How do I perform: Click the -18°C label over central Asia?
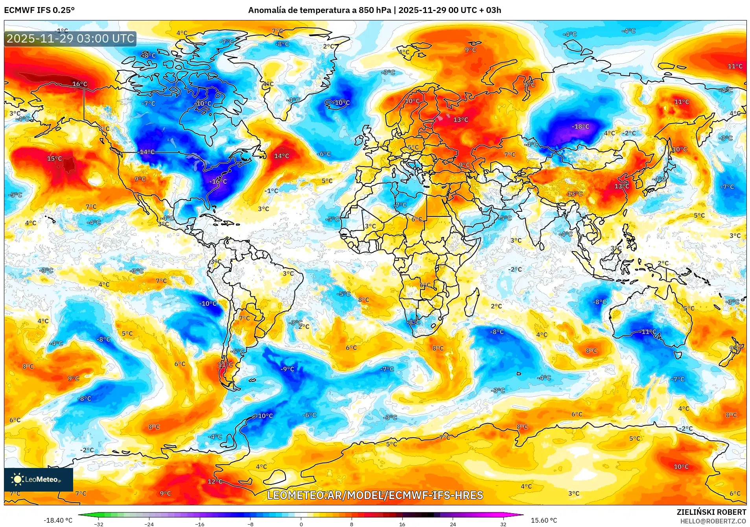coord(580,127)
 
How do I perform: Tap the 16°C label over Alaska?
coord(80,84)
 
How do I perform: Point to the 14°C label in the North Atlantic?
coord(282,156)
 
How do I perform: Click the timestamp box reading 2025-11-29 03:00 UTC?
coord(70,39)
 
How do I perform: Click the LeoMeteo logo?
coord(38,479)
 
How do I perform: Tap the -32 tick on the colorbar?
coord(99,524)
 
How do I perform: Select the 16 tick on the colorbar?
coord(402,524)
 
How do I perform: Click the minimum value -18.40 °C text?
coord(58,520)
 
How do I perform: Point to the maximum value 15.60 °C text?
coord(544,520)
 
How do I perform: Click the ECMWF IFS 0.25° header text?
coord(39,10)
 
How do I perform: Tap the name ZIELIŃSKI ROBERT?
coord(711,512)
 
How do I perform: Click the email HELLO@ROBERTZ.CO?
coord(713,521)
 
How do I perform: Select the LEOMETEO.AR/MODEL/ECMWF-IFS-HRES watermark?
coord(375,495)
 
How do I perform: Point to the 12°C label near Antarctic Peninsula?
coord(215,481)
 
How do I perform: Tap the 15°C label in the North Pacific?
coord(55,159)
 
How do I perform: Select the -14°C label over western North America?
coord(147,152)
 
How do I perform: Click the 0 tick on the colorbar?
coord(301,524)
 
